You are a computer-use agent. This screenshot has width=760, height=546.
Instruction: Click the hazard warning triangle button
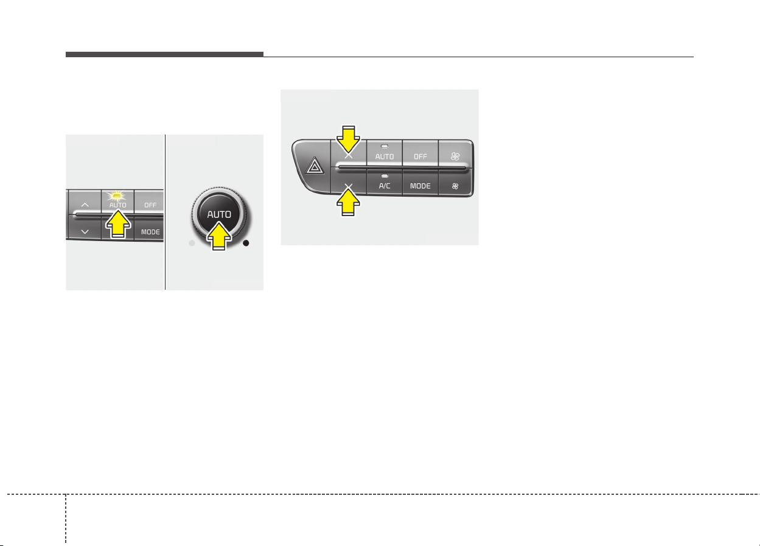[315, 166]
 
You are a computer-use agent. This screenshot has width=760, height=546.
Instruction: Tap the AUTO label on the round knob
[219, 214]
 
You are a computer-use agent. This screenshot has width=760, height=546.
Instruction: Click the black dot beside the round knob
[246, 243]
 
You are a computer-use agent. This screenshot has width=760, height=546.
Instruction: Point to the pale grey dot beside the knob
[192, 243]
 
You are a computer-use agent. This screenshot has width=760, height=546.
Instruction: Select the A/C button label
[385, 186]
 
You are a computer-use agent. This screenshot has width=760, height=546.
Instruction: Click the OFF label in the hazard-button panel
[420, 156]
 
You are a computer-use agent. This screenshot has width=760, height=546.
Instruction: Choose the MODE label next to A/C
[420, 186]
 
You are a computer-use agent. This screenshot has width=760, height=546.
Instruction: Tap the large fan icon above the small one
[455, 156]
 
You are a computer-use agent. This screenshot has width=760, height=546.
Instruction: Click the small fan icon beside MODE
[455, 186]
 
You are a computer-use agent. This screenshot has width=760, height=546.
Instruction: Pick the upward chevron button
[85, 205]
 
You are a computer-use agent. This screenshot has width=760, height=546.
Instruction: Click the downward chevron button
[85, 232]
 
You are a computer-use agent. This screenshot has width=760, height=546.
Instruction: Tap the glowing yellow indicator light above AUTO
[116, 196]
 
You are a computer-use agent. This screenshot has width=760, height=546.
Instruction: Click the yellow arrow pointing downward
[348, 140]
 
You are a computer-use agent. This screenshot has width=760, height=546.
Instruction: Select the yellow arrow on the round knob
[219, 237]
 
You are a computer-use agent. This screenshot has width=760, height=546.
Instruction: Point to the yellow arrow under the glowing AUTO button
[117, 224]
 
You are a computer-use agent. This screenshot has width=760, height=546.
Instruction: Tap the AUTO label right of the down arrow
[385, 156]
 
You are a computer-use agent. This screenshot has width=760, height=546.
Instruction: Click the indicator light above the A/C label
[385, 176]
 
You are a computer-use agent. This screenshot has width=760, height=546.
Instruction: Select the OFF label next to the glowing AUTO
[150, 205]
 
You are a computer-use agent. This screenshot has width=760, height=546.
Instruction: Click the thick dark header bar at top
[164, 54]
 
